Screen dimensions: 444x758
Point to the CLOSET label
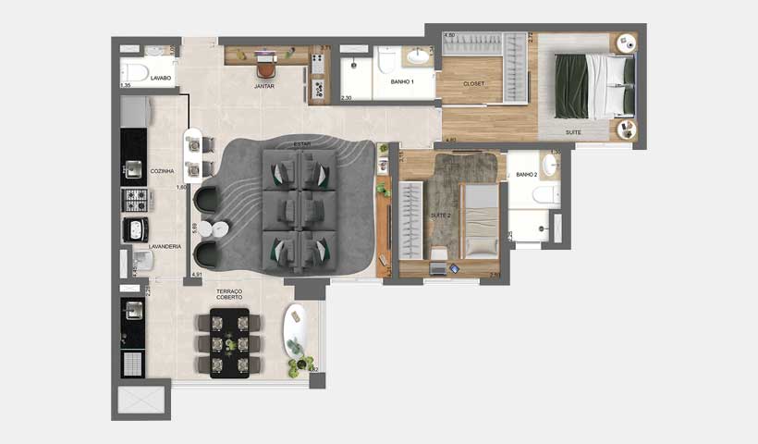[x=474, y=84]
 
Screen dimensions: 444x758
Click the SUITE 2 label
[x=440, y=215]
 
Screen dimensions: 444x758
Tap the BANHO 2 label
[x=526, y=174]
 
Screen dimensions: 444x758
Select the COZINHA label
[x=163, y=171]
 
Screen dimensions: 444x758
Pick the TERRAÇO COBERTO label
[x=229, y=294]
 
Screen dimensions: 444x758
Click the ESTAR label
[x=301, y=145]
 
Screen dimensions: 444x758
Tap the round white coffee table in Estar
[x=220, y=228]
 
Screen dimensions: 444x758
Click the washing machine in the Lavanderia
[x=134, y=230]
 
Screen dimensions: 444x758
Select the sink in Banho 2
[x=549, y=164]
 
